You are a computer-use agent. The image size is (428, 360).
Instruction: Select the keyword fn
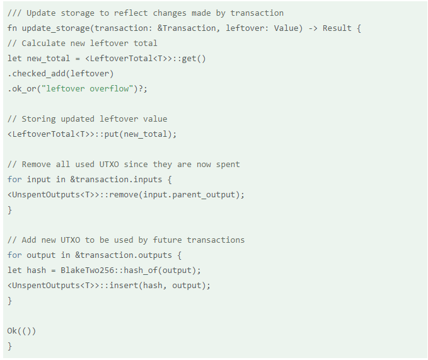(x=12, y=28)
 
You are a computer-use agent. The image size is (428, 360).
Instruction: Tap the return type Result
(x=337, y=28)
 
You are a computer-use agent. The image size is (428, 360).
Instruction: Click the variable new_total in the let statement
(x=50, y=59)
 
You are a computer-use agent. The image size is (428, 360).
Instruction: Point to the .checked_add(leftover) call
(x=61, y=74)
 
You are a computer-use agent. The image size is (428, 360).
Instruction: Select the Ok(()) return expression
(x=22, y=331)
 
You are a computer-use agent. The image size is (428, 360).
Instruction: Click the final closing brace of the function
(x=9, y=346)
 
